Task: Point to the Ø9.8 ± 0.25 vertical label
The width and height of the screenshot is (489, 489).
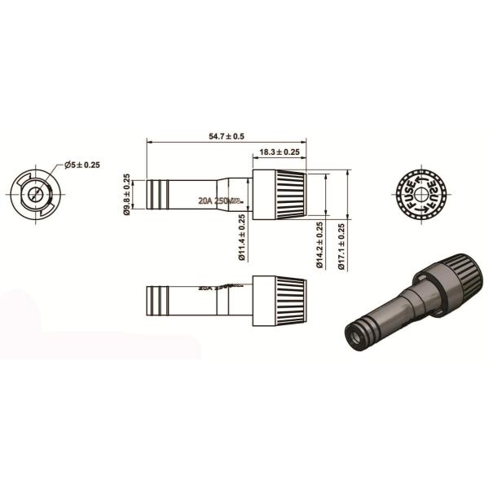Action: tap(127, 195)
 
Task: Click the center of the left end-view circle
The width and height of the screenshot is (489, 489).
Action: tap(34, 196)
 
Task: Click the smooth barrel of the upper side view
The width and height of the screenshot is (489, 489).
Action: tap(196, 189)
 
